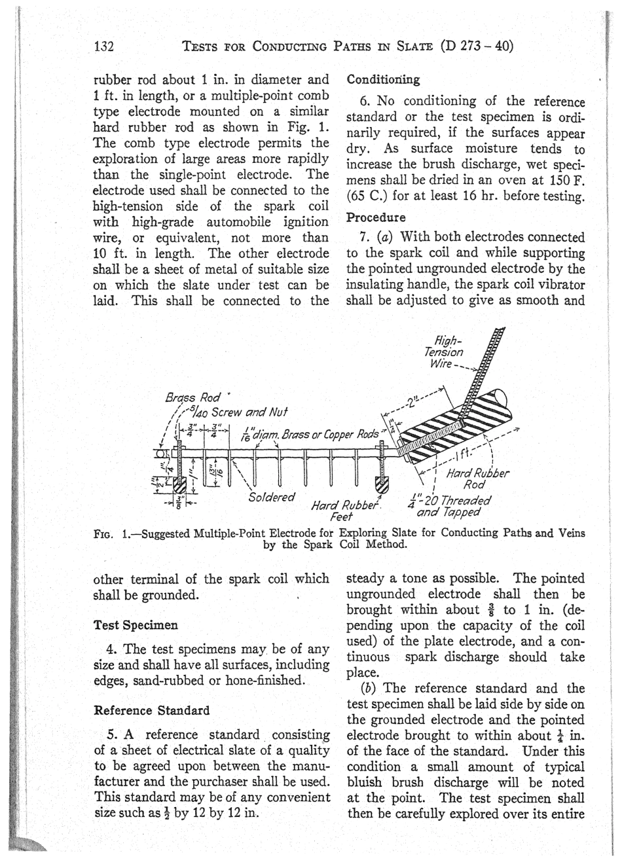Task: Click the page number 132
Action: point(105,46)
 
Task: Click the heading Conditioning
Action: point(383,80)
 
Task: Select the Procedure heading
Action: point(376,217)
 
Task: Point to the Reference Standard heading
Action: point(152,710)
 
